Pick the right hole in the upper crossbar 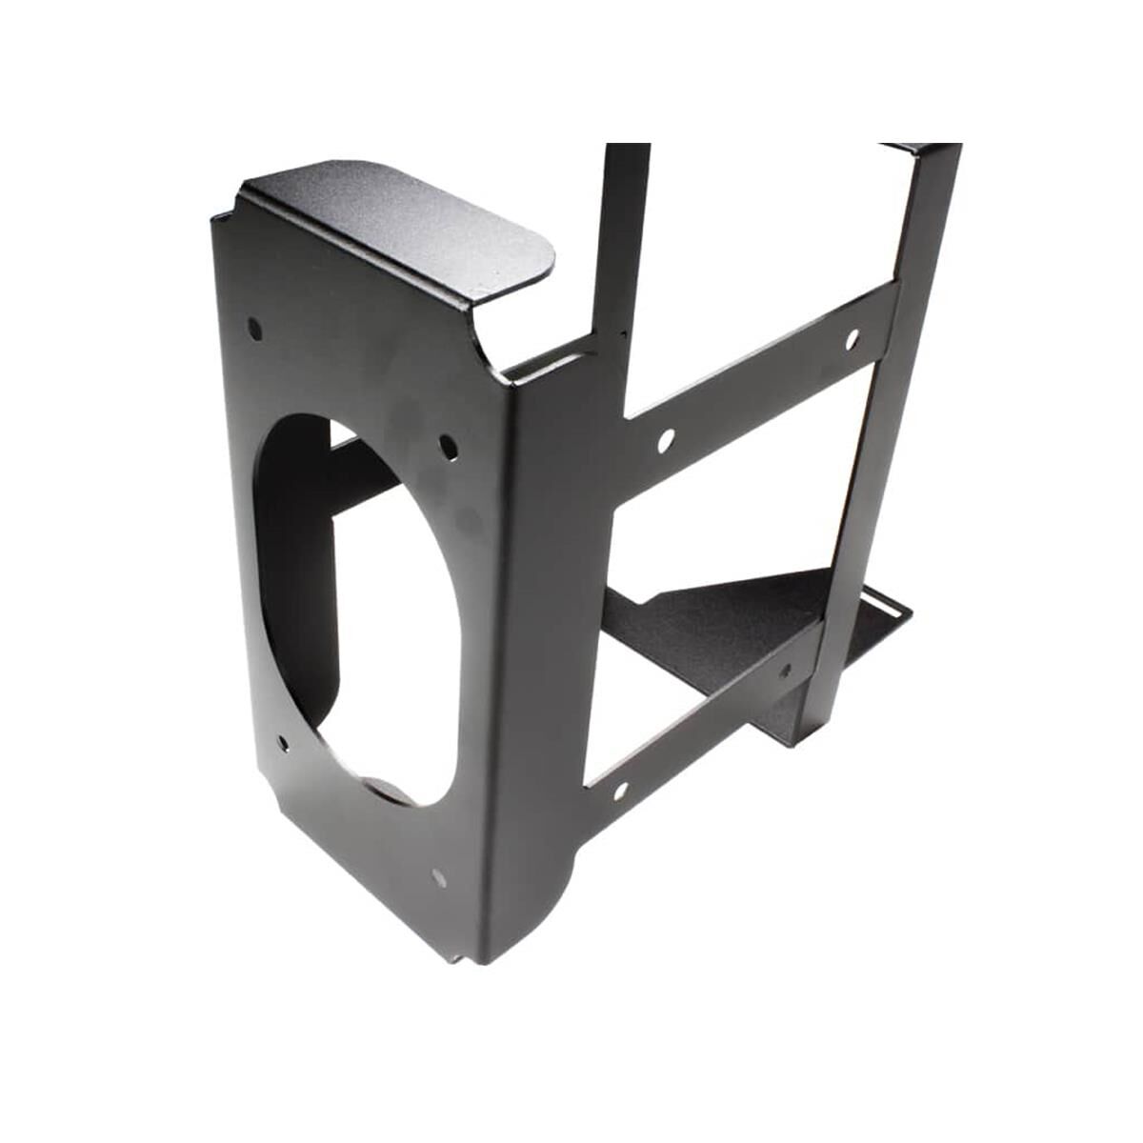click(x=852, y=336)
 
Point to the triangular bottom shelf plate click(x=724, y=610)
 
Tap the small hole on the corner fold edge click(x=620, y=333)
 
